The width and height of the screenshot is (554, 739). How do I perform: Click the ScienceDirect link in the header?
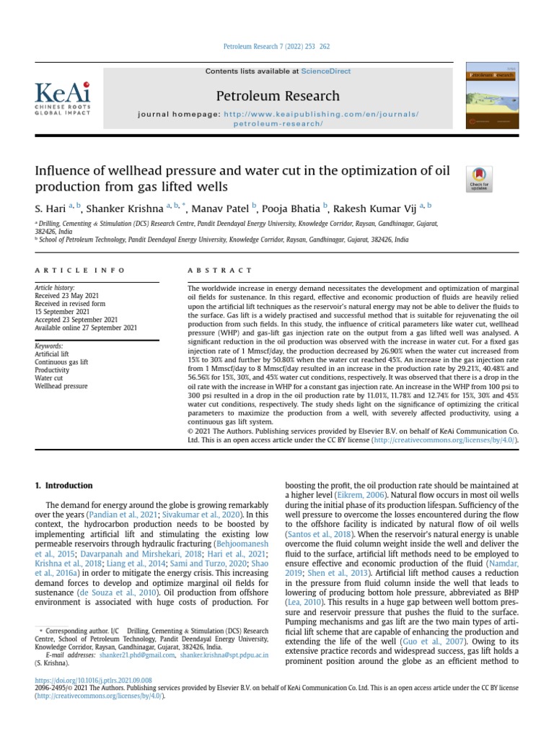click(x=325, y=71)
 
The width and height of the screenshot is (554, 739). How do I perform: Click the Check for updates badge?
click(x=480, y=178)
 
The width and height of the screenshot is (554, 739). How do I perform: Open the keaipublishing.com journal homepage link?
click(x=321, y=115)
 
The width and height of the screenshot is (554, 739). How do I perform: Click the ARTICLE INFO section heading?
click(x=80, y=270)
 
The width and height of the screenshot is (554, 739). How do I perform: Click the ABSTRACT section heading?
click(x=220, y=270)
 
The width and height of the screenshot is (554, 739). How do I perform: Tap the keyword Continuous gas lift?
click(x=61, y=362)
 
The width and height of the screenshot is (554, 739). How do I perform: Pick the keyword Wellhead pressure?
click(x=61, y=386)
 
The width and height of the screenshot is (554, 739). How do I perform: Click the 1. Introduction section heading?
click(x=64, y=486)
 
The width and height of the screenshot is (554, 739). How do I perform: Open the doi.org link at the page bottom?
click(x=93, y=680)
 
